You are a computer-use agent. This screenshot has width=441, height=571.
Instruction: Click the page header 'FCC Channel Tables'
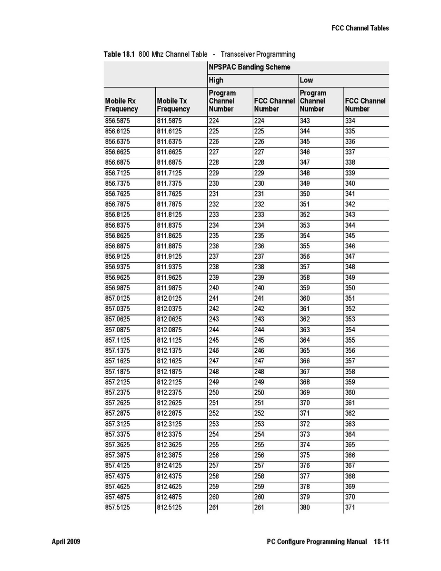[360, 28]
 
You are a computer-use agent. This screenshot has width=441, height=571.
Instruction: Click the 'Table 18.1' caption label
[119, 54]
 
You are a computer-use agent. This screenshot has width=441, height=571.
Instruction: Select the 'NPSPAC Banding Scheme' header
[249, 67]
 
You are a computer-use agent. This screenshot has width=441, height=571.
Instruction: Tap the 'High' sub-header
[216, 80]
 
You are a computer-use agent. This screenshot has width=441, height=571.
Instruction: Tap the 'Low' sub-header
[306, 80]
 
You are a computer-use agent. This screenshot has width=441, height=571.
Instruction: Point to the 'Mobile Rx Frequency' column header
[121, 105]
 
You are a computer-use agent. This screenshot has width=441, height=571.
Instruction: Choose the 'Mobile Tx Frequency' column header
[173, 105]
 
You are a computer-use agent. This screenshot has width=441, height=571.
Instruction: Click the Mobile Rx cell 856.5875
[117, 121]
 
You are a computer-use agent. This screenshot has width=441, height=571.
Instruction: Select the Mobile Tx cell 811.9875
[169, 288]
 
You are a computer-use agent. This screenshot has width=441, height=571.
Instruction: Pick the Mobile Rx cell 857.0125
[117, 298]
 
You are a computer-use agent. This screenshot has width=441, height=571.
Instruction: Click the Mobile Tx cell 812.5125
[169, 508]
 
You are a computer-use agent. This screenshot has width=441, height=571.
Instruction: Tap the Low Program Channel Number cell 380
[305, 508]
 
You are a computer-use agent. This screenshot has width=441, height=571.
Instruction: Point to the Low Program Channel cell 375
[305, 455]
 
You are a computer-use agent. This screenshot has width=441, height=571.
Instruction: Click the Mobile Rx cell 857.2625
[117, 403]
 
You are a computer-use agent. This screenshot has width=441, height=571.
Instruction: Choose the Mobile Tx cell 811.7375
[169, 184]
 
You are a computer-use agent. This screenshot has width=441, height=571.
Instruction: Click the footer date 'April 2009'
[66, 542]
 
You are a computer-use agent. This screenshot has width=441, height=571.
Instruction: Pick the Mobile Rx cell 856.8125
[117, 215]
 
